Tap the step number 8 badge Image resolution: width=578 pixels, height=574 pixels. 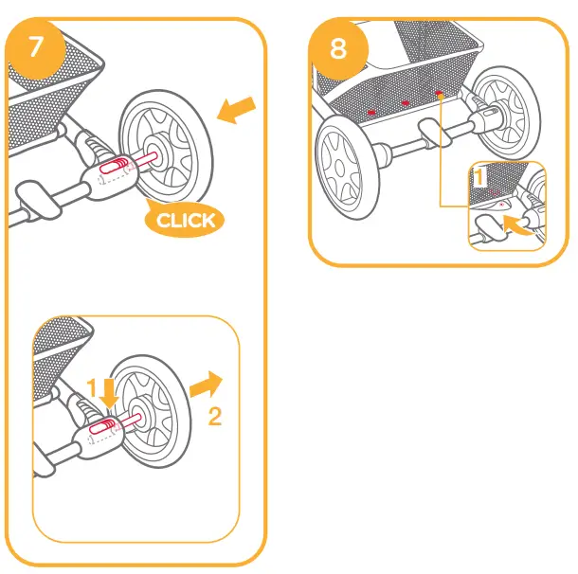point(338,48)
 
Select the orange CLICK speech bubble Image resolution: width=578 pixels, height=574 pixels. point(186,221)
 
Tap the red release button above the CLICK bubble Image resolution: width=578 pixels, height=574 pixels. point(112,169)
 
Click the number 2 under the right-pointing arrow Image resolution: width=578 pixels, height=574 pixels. point(215,417)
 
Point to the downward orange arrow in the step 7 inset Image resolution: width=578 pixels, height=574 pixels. point(109,391)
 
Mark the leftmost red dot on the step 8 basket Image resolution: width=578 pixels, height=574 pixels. point(371,113)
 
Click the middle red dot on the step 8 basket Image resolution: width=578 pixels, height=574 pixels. point(405,103)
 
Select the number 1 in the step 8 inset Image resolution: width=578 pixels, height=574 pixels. point(479,176)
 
